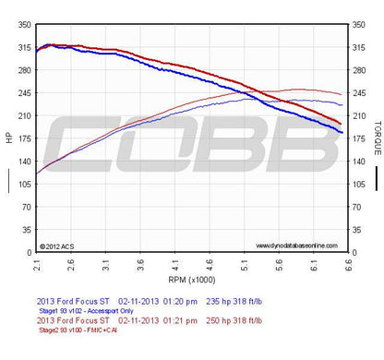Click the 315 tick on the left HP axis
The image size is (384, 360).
(x=20, y=46)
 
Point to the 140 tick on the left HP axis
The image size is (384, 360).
(x=20, y=161)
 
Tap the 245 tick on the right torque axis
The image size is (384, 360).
(x=358, y=92)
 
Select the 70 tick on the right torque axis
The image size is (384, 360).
(x=358, y=207)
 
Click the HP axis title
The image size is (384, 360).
(x=7, y=138)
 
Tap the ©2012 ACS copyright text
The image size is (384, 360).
(x=57, y=246)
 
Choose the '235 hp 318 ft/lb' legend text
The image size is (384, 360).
(x=243, y=302)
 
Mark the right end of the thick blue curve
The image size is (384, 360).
(x=342, y=133)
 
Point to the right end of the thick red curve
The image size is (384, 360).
(x=342, y=124)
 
